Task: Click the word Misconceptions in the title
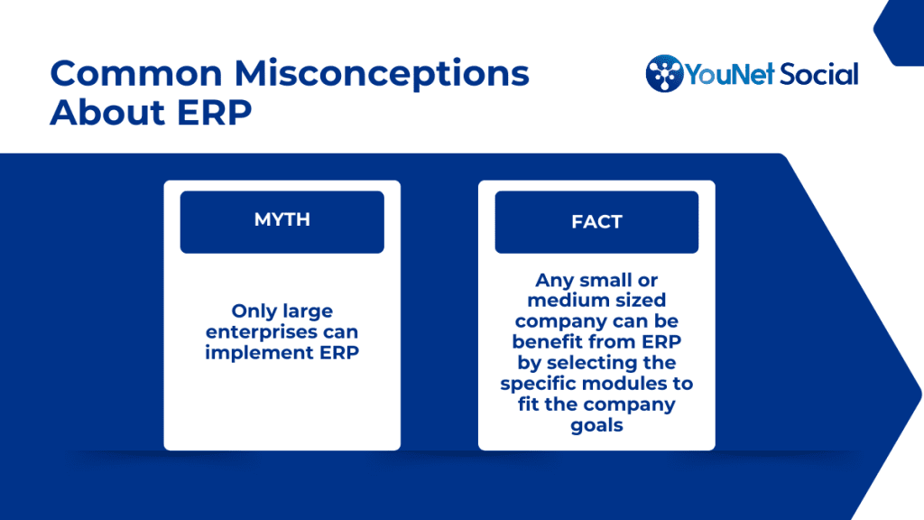(x=382, y=74)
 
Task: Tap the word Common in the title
(x=136, y=73)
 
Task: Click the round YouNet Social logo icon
(x=664, y=74)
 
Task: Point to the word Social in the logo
(x=819, y=74)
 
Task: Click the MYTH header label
(x=282, y=219)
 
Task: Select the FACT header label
(x=596, y=222)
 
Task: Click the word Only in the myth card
(x=252, y=311)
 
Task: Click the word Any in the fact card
(x=555, y=280)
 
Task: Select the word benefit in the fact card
(x=548, y=341)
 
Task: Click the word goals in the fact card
(x=596, y=425)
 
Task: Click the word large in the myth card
(x=308, y=311)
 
